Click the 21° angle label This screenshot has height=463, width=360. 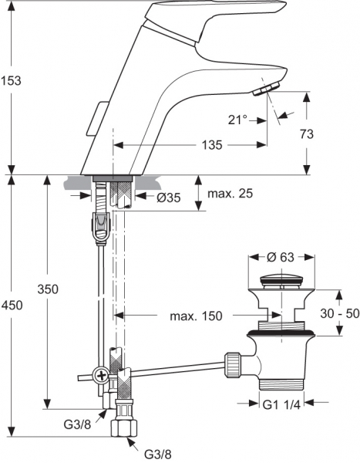coord(239,120)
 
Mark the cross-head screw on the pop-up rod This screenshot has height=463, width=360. coord(100,376)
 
